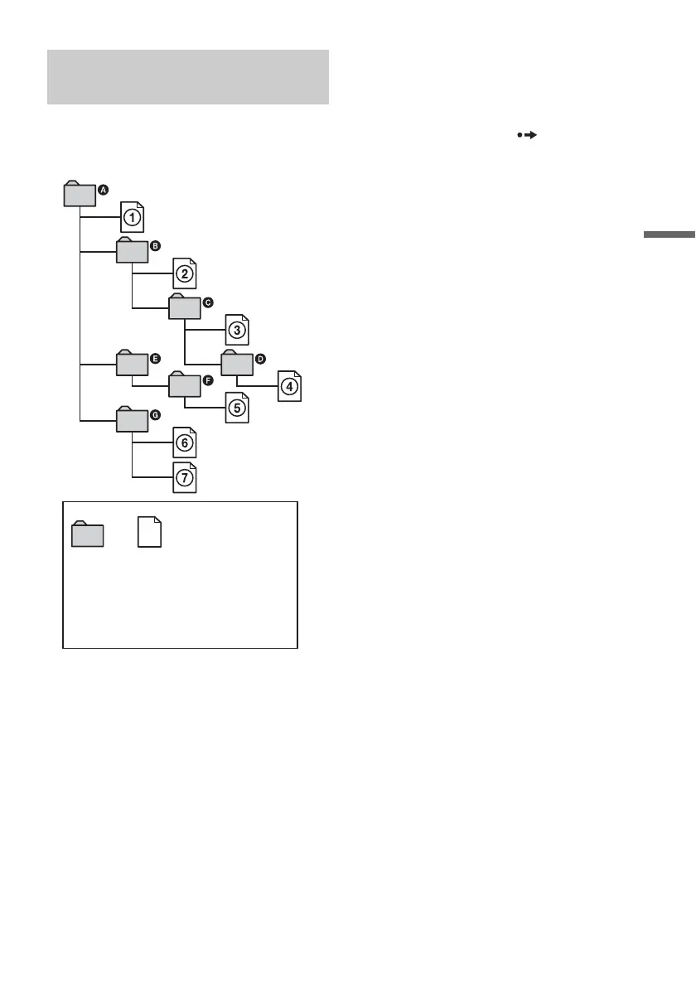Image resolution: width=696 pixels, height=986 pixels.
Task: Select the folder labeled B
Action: [x=132, y=251]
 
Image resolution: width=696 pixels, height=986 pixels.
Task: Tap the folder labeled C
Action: [x=184, y=307]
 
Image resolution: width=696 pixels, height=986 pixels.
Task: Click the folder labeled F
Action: [x=184, y=385]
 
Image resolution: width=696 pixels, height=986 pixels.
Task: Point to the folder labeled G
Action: [x=132, y=419]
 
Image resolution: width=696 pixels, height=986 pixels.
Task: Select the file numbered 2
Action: [x=185, y=273]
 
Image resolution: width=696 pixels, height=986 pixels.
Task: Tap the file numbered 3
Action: [x=237, y=330]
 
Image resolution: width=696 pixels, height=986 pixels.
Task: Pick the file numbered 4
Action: [x=289, y=386]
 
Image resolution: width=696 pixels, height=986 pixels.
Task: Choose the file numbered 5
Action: [x=237, y=408]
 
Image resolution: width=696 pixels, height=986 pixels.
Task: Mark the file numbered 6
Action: [x=185, y=443]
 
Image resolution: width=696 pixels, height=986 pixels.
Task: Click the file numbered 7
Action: [x=185, y=477]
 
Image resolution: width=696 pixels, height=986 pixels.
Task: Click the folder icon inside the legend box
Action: [x=88, y=534]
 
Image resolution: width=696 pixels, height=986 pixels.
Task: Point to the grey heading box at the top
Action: [x=188, y=77]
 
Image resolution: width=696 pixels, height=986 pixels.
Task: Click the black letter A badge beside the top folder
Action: [x=104, y=190]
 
